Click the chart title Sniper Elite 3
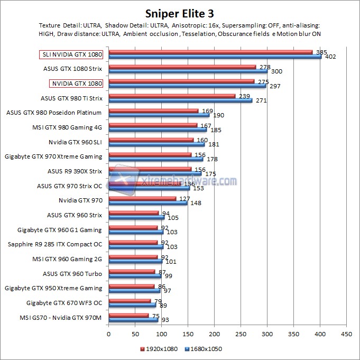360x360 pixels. (180, 13)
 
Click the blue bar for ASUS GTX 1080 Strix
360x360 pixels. (188, 71)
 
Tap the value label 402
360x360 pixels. (329, 57)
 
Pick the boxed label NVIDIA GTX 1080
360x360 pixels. (76, 83)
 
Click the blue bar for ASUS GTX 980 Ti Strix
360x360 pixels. (180, 100)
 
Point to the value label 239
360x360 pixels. (244, 96)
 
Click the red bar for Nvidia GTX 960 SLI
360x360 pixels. (151, 140)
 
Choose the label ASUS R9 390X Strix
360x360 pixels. (75, 171)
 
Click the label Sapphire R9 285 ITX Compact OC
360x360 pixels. (55, 244)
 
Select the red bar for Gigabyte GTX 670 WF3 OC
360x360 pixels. (130, 301)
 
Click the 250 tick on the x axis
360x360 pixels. (241, 334)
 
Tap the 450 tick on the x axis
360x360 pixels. (347, 334)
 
